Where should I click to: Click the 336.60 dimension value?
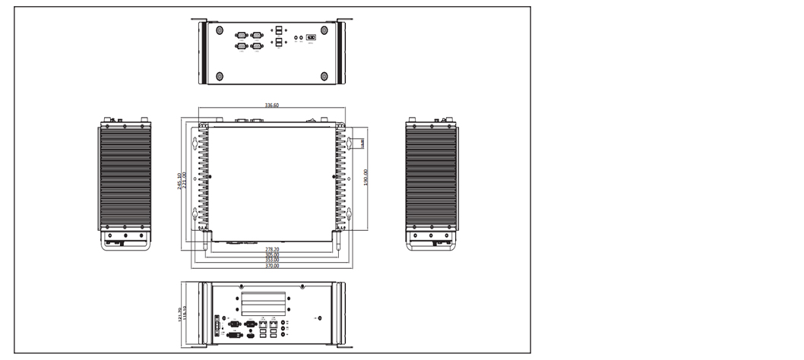pos(271,106)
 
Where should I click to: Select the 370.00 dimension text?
pos(271,267)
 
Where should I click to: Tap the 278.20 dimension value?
pos(271,248)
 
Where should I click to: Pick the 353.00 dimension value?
pos(271,261)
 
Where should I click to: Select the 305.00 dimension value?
pos(271,254)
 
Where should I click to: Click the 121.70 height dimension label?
pos(179,313)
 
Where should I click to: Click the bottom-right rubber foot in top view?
pos(324,76)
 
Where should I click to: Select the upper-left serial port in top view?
pos(242,35)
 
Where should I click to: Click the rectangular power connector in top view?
pos(311,36)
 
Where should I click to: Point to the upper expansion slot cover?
pos(264,298)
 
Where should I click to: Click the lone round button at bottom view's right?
pos(319,318)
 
